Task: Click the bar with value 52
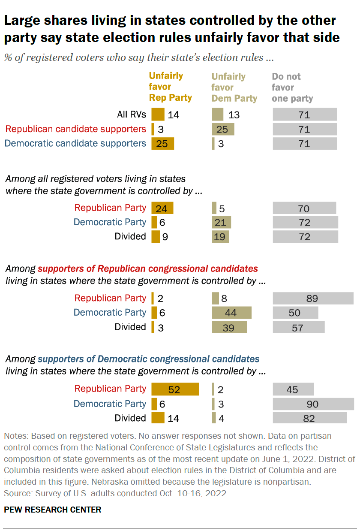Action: pyautogui.click(x=175, y=389)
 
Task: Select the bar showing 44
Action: pyautogui.click(x=231, y=313)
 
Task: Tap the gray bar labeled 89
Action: pyautogui.click(x=313, y=299)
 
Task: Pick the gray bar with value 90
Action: pyautogui.click(x=313, y=404)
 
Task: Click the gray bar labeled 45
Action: pyautogui.click(x=293, y=389)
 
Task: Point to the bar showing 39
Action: pyautogui.click(x=229, y=327)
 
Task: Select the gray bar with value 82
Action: pyautogui.click(x=310, y=418)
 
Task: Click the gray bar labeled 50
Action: pyautogui.click(x=295, y=313)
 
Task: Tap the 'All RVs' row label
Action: pyautogui.click(x=132, y=115)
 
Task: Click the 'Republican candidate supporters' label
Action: pyautogui.click(x=75, y=129)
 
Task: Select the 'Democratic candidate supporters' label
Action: pyautogui.click(x=75, y=143)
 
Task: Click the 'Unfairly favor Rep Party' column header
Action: pyautogui.click(x=170, y=87)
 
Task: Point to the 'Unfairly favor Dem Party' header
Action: pyautogui.click(x=234, y=87)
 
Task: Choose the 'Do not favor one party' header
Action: pyautogui.click(x=292, y=87)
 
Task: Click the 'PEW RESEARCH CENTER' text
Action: pyautogui.click(x=53, y=510)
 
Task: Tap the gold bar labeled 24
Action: pyautogui.click(x=162, y=208)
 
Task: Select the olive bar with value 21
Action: pyautogui.click(x=222, y=222)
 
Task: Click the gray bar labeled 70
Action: pyautogui.click(x=304, y=208)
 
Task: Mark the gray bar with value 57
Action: pyautogui.click(x=299, y=327)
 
